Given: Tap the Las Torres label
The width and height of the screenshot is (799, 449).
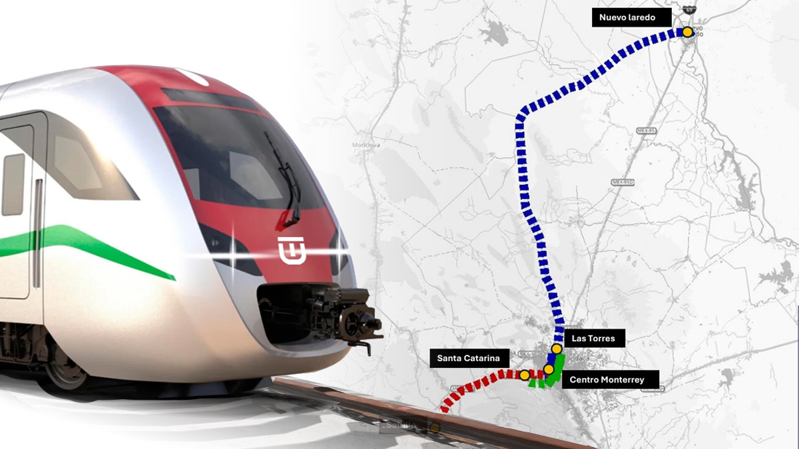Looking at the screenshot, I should (593, 339).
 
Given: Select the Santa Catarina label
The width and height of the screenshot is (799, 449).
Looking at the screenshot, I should (468, 358).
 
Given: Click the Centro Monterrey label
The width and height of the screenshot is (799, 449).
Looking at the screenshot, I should (607, 380).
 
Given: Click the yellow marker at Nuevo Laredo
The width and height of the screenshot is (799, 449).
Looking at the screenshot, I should (687, 31).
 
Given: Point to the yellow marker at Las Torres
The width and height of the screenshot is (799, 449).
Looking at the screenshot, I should (557, 348).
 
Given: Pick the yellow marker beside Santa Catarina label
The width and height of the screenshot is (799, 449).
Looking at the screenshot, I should (525, 375).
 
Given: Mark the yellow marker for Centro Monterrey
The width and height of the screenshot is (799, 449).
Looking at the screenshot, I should (549, 369).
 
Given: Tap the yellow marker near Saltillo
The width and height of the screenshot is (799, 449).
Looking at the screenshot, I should (435, 428).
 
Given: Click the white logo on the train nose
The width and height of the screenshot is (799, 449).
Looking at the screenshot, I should (292, 249).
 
